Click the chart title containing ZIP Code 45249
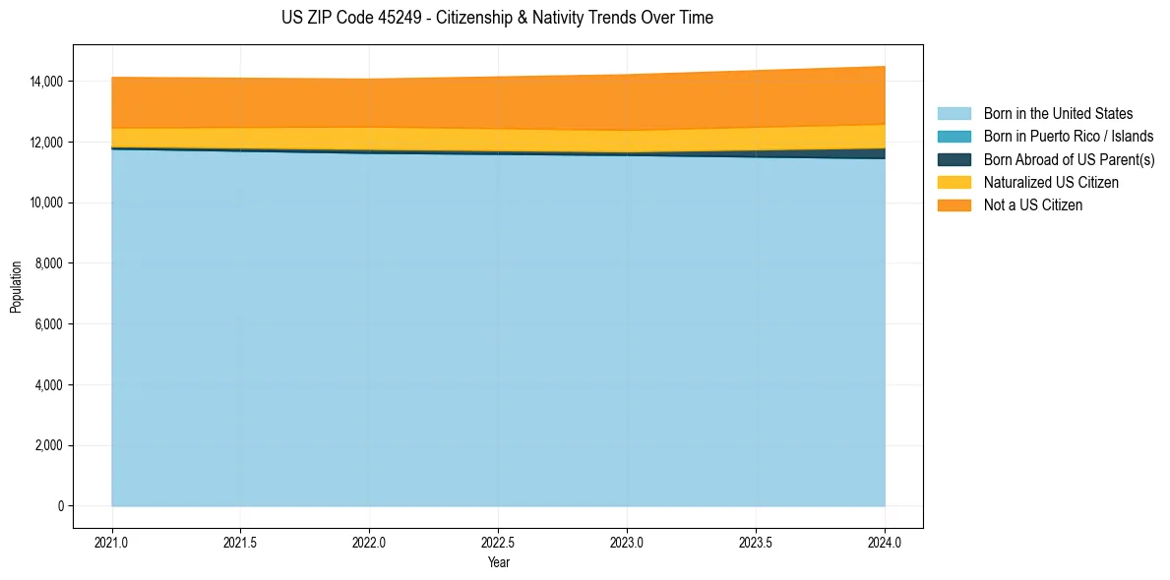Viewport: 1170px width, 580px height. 497,18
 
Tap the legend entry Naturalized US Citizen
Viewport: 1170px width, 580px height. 1051,183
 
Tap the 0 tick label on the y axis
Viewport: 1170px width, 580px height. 61,506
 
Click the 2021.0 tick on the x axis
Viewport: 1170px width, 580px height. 112,542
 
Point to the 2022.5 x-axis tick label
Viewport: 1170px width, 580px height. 499,542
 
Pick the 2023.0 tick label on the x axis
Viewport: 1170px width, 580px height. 628,542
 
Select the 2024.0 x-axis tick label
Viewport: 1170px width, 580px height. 886,542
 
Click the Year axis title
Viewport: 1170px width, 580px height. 499,563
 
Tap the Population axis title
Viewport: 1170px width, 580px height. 16,287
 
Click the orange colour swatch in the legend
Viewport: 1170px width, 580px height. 954,205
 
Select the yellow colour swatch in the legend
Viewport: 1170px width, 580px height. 954,183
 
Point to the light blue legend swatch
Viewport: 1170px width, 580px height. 954,114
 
